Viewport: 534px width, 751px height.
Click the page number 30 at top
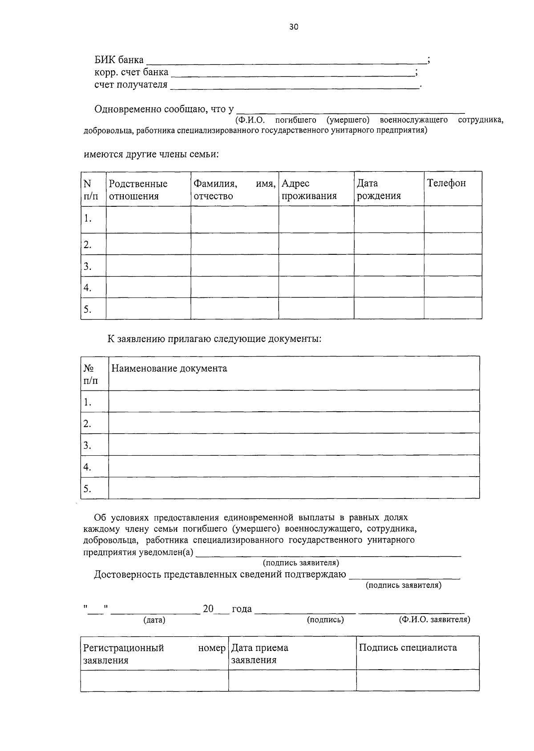coord(294,27)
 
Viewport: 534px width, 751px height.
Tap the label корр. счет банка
coord(131,72)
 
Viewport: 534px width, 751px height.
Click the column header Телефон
coord(446,183)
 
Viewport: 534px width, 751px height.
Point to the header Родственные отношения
coord(138,190)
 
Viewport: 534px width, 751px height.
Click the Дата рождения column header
coord(378,190)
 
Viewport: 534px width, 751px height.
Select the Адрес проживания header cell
coord(309,190)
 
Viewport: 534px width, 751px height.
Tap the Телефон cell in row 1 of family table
coord(453,219)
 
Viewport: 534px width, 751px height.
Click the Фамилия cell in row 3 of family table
coord(235,265)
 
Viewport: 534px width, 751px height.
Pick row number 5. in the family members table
coord(88,309)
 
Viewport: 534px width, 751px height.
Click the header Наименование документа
coord(169,369)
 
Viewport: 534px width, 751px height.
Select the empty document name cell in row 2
coord(294,422)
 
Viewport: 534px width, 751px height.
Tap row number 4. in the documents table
coord(87,467)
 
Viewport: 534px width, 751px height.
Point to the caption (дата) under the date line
coord(154,620)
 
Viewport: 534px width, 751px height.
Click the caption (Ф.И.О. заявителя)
coord(434,619)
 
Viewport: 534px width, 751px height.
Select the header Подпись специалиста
coord(408,648)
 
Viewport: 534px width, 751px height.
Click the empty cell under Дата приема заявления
coord(292,680)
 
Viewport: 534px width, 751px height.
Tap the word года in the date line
coord(242,609)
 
